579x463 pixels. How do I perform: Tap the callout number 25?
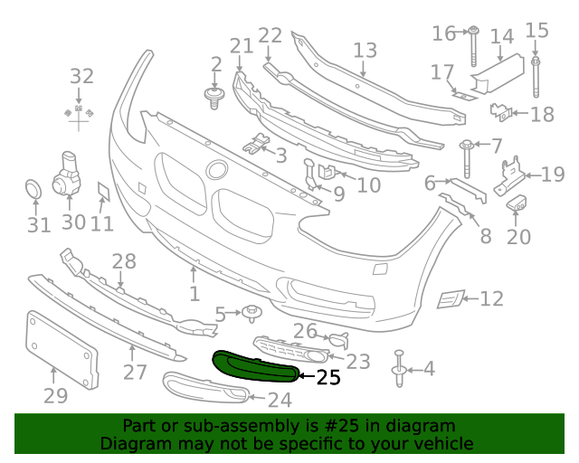point(327,378)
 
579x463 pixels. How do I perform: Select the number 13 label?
point(365,51)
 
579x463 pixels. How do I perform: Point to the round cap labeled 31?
point(33,191)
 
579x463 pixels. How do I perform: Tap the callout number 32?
point(81,77)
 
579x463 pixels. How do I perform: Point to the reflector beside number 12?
point(450,298)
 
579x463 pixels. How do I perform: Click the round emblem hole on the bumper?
point(216,169)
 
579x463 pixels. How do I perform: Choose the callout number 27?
point(135,372)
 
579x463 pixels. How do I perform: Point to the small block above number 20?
point(518,203)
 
